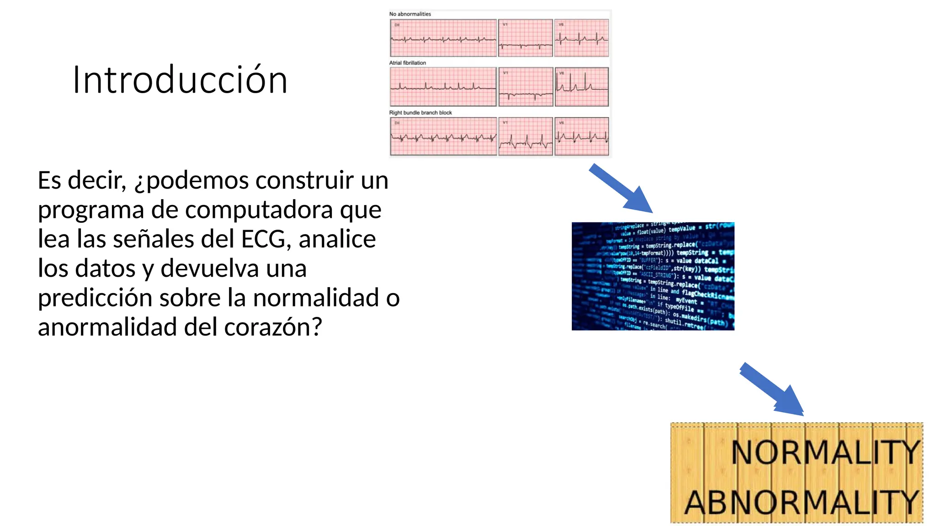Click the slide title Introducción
click(x=180, y=80)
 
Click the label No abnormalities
click(x=410, y=14)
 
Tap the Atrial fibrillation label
click(x=407, y=63)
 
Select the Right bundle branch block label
click(x=420, y=113)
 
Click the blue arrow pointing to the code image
click(x=622, y=188)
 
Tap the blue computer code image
click(x=653, y=276)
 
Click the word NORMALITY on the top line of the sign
click(x=825, y=452)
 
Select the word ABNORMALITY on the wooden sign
click(x=802, y=502)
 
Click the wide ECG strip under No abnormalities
click(x=443, y=38)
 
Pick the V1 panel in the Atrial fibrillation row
click(x=526, y=87)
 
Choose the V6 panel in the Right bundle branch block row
click(x=581, y=137)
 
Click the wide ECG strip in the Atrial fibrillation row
click(x=443, y=87)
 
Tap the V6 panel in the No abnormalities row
click(x=581, y=38)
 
